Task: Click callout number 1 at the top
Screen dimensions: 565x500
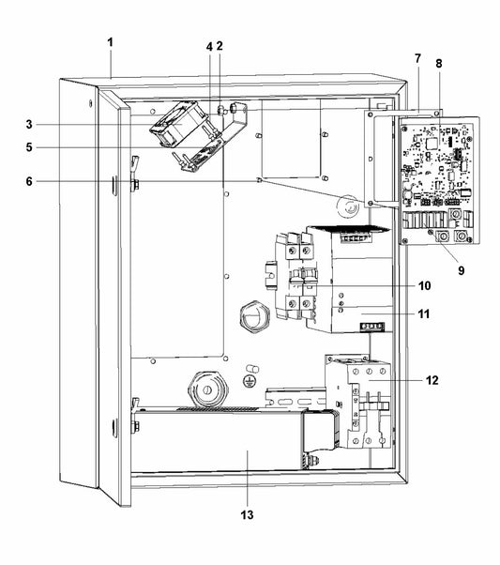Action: (110, 43)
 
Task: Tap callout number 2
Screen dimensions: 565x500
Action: (219, 45)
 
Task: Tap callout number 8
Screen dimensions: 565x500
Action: (438, 63)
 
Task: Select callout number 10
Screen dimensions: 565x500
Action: (424, 284)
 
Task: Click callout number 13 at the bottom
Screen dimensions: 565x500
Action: (248, 514)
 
